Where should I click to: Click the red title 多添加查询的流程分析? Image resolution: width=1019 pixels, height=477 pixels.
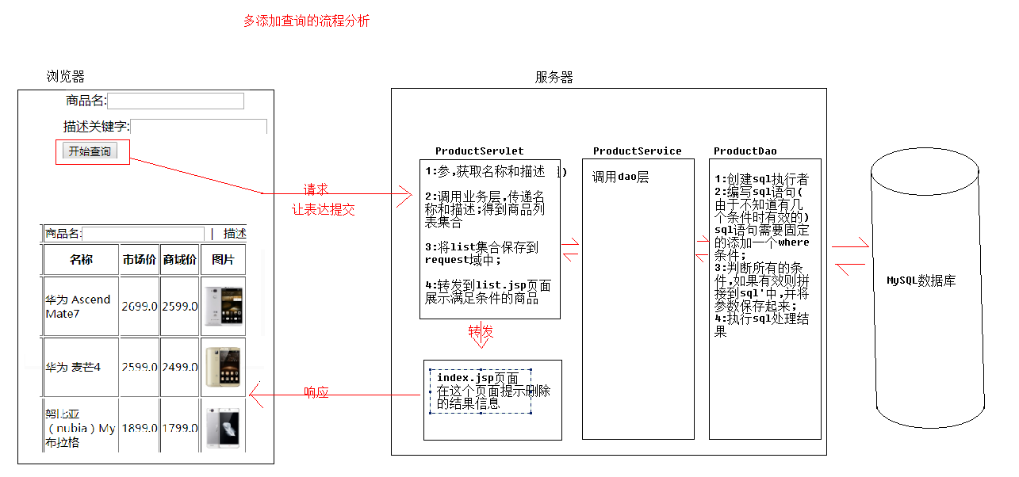tap(306, 21)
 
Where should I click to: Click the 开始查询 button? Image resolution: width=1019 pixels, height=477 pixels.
tap(90, 151)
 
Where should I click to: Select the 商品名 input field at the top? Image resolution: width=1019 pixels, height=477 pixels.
tap(175, 101)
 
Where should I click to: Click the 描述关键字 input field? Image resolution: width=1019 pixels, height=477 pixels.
tap(198, 127)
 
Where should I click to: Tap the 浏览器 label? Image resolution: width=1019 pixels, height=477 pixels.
tap(65, 77)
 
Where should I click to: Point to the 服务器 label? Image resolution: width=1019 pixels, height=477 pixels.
tap(554, 77)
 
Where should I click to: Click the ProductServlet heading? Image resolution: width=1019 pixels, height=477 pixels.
tap(479, 151)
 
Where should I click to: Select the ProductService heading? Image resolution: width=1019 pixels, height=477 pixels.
tap(637, 151)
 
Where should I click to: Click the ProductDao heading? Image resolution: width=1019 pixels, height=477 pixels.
tap(745, 151)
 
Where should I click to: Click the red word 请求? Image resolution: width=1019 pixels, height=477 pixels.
tap(316, 190)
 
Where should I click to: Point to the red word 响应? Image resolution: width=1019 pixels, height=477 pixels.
tap(316, 392)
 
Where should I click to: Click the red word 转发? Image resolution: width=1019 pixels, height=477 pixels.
tap(481, 331)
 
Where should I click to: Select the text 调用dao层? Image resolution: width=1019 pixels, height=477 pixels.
tap(620, 177)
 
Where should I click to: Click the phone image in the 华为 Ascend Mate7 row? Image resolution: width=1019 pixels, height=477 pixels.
tap(223, 307)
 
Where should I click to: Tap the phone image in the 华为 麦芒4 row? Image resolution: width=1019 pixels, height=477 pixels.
tap(223, 367)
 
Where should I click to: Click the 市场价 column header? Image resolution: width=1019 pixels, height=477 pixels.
tap(139, 260)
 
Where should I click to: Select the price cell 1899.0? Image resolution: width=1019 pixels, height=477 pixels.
tap(139, 428)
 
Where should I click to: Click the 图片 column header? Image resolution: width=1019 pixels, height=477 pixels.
tap(223, 260)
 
